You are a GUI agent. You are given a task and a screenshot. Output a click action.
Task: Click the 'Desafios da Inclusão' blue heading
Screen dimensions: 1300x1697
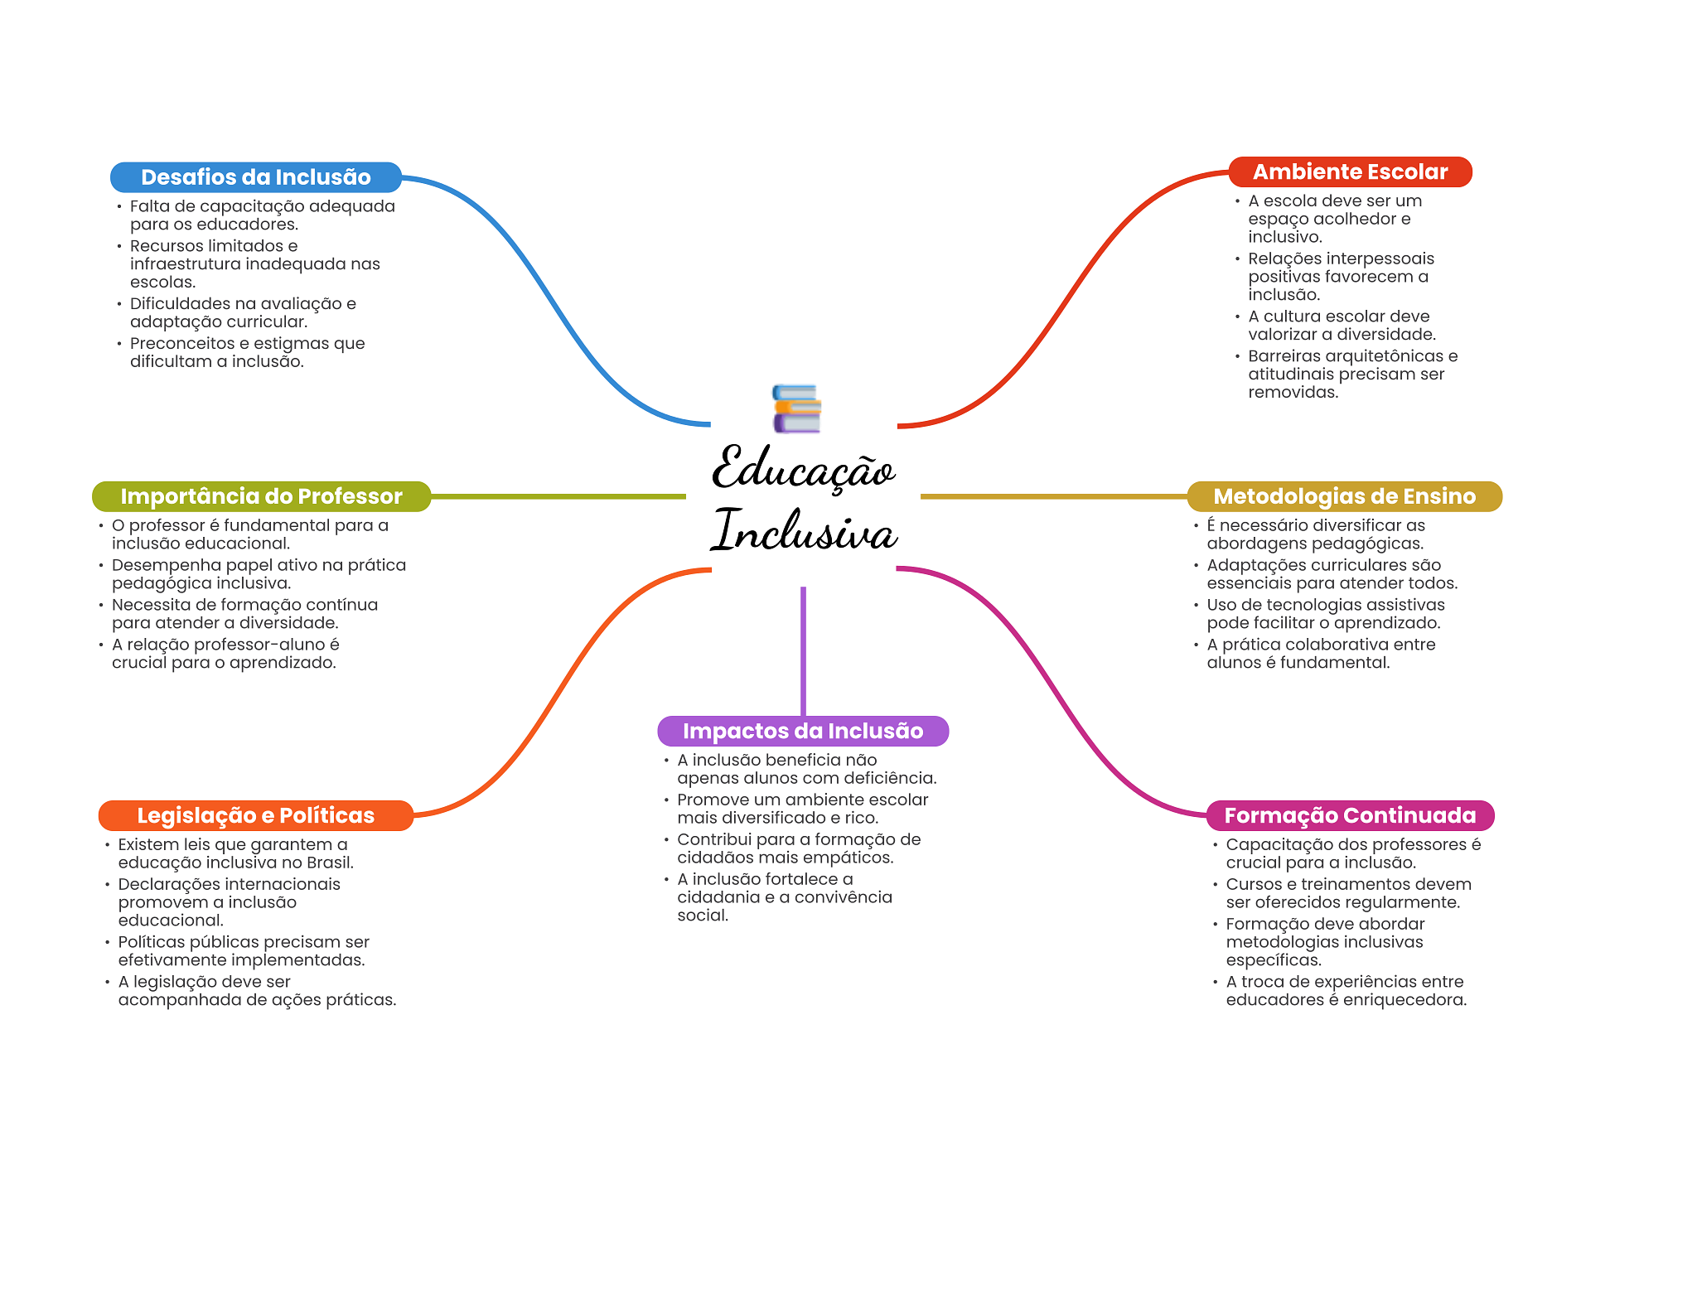pos(255,177)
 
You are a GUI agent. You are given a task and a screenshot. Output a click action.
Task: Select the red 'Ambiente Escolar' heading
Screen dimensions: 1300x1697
pos(1350,172)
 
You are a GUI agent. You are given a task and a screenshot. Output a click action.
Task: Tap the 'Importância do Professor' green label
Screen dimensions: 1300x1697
pos(261,496)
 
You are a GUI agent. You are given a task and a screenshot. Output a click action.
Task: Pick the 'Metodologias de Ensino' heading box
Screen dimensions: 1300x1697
pos(1344,496)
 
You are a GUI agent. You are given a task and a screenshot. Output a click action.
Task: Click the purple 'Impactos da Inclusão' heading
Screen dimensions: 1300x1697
pos(802,731)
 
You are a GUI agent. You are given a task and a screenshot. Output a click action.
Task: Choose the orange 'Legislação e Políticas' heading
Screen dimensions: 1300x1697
pos(255,815)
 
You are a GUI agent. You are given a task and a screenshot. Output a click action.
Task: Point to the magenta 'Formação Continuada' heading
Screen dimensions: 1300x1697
pos(1350,815)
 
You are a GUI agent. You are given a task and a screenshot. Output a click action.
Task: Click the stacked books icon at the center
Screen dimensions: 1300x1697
pos(796,408)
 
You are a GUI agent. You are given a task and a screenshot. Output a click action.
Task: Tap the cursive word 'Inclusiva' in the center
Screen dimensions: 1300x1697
pos(804,531)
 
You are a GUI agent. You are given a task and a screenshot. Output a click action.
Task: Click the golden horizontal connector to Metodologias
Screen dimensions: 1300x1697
pos(1052,496)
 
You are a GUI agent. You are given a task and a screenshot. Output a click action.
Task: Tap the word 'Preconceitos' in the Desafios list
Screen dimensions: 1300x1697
pos(182,343)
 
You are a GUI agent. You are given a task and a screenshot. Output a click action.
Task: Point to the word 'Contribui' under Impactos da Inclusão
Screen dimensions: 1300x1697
pos(713,839)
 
